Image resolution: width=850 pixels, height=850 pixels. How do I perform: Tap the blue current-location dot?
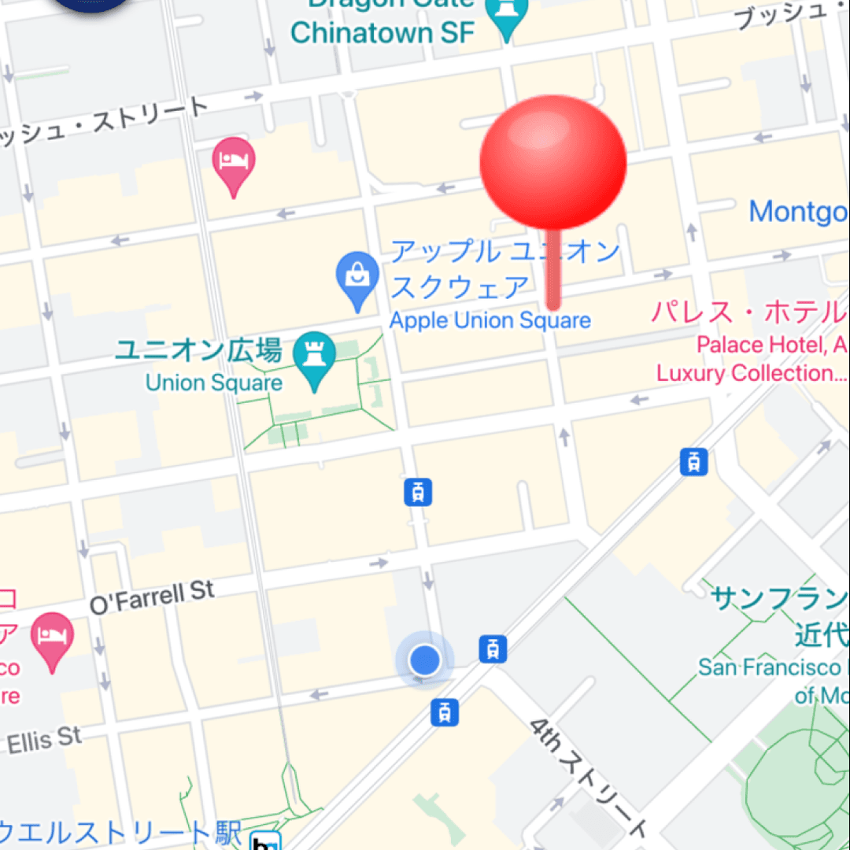point(425,660)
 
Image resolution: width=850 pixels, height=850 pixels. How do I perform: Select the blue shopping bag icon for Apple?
point(358,277)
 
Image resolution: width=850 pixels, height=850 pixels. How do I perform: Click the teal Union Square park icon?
point(315,358)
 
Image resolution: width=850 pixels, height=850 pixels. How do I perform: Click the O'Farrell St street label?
point(152,597)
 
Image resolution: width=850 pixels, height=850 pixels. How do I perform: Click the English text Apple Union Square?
point(490,321)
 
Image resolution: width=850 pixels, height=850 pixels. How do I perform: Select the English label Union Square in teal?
point(214,383)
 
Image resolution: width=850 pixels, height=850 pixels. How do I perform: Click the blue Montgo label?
point(798,211)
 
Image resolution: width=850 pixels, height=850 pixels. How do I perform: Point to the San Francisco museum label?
point(771,667)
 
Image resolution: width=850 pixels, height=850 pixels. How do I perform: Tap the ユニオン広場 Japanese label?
point(198,351)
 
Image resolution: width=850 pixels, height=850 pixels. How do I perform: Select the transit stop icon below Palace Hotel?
point(693,462)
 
